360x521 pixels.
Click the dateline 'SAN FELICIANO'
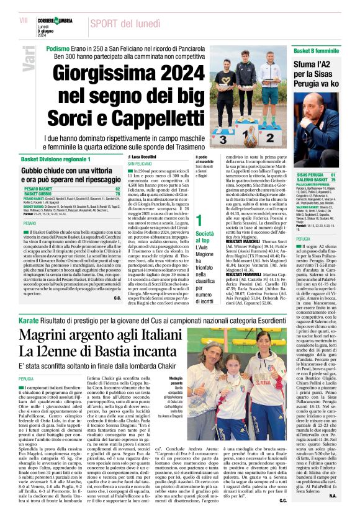click(142, 164)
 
